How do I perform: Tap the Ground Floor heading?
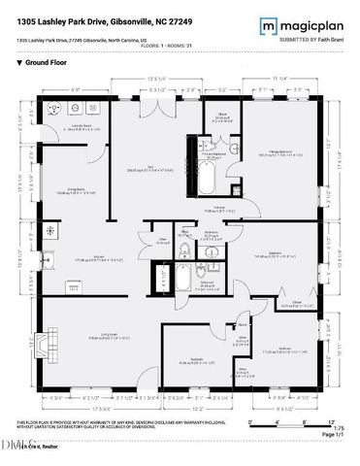(39, 62)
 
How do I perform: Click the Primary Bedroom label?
(280, 152)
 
